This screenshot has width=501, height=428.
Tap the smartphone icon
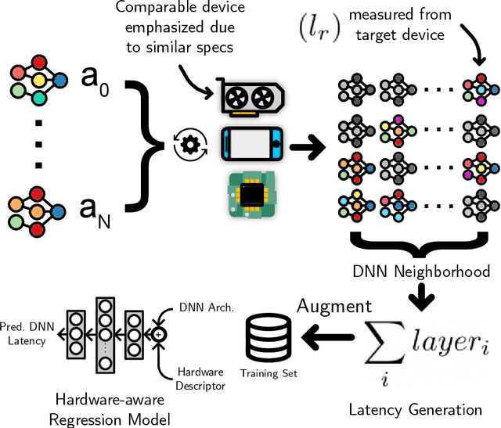click(251, 145)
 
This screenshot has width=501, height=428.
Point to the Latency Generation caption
click(416, 408)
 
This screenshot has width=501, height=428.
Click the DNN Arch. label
click(205, 308)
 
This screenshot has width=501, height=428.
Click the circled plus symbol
click(159, 334)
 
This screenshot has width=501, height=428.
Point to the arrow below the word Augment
click(332, 335)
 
